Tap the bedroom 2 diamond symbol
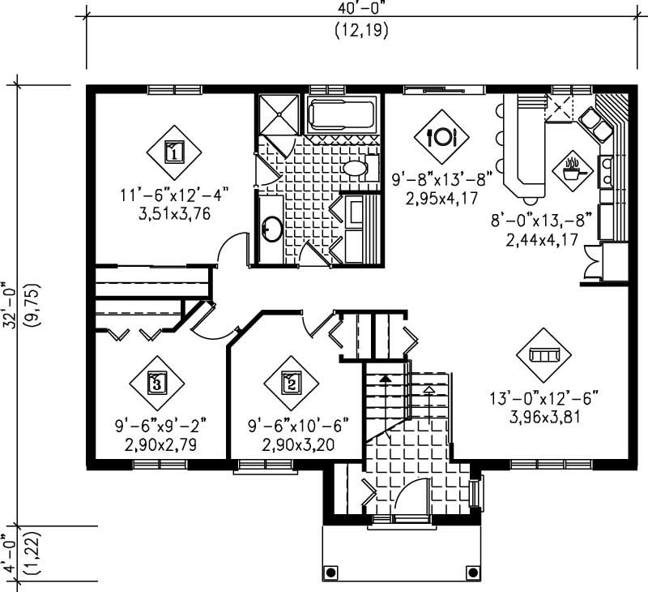(290, 382)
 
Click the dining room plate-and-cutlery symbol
(441, 136)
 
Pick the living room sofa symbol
(544, 354)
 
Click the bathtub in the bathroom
(341, 117)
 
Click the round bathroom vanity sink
(271, 230)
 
